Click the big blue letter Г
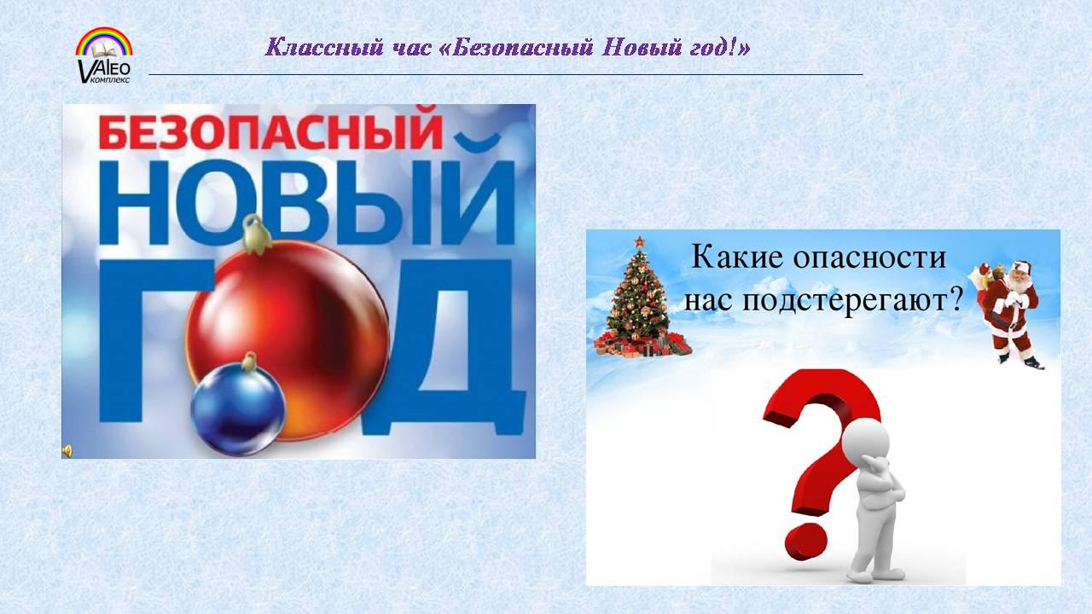(x=146, y=341)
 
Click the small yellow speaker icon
(x=67, y=451)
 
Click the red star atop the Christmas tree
(x=639, y=242)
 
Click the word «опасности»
(x=869, y=258)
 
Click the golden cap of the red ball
(x=255, y=235)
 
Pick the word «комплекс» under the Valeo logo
(x=110, y=79)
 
